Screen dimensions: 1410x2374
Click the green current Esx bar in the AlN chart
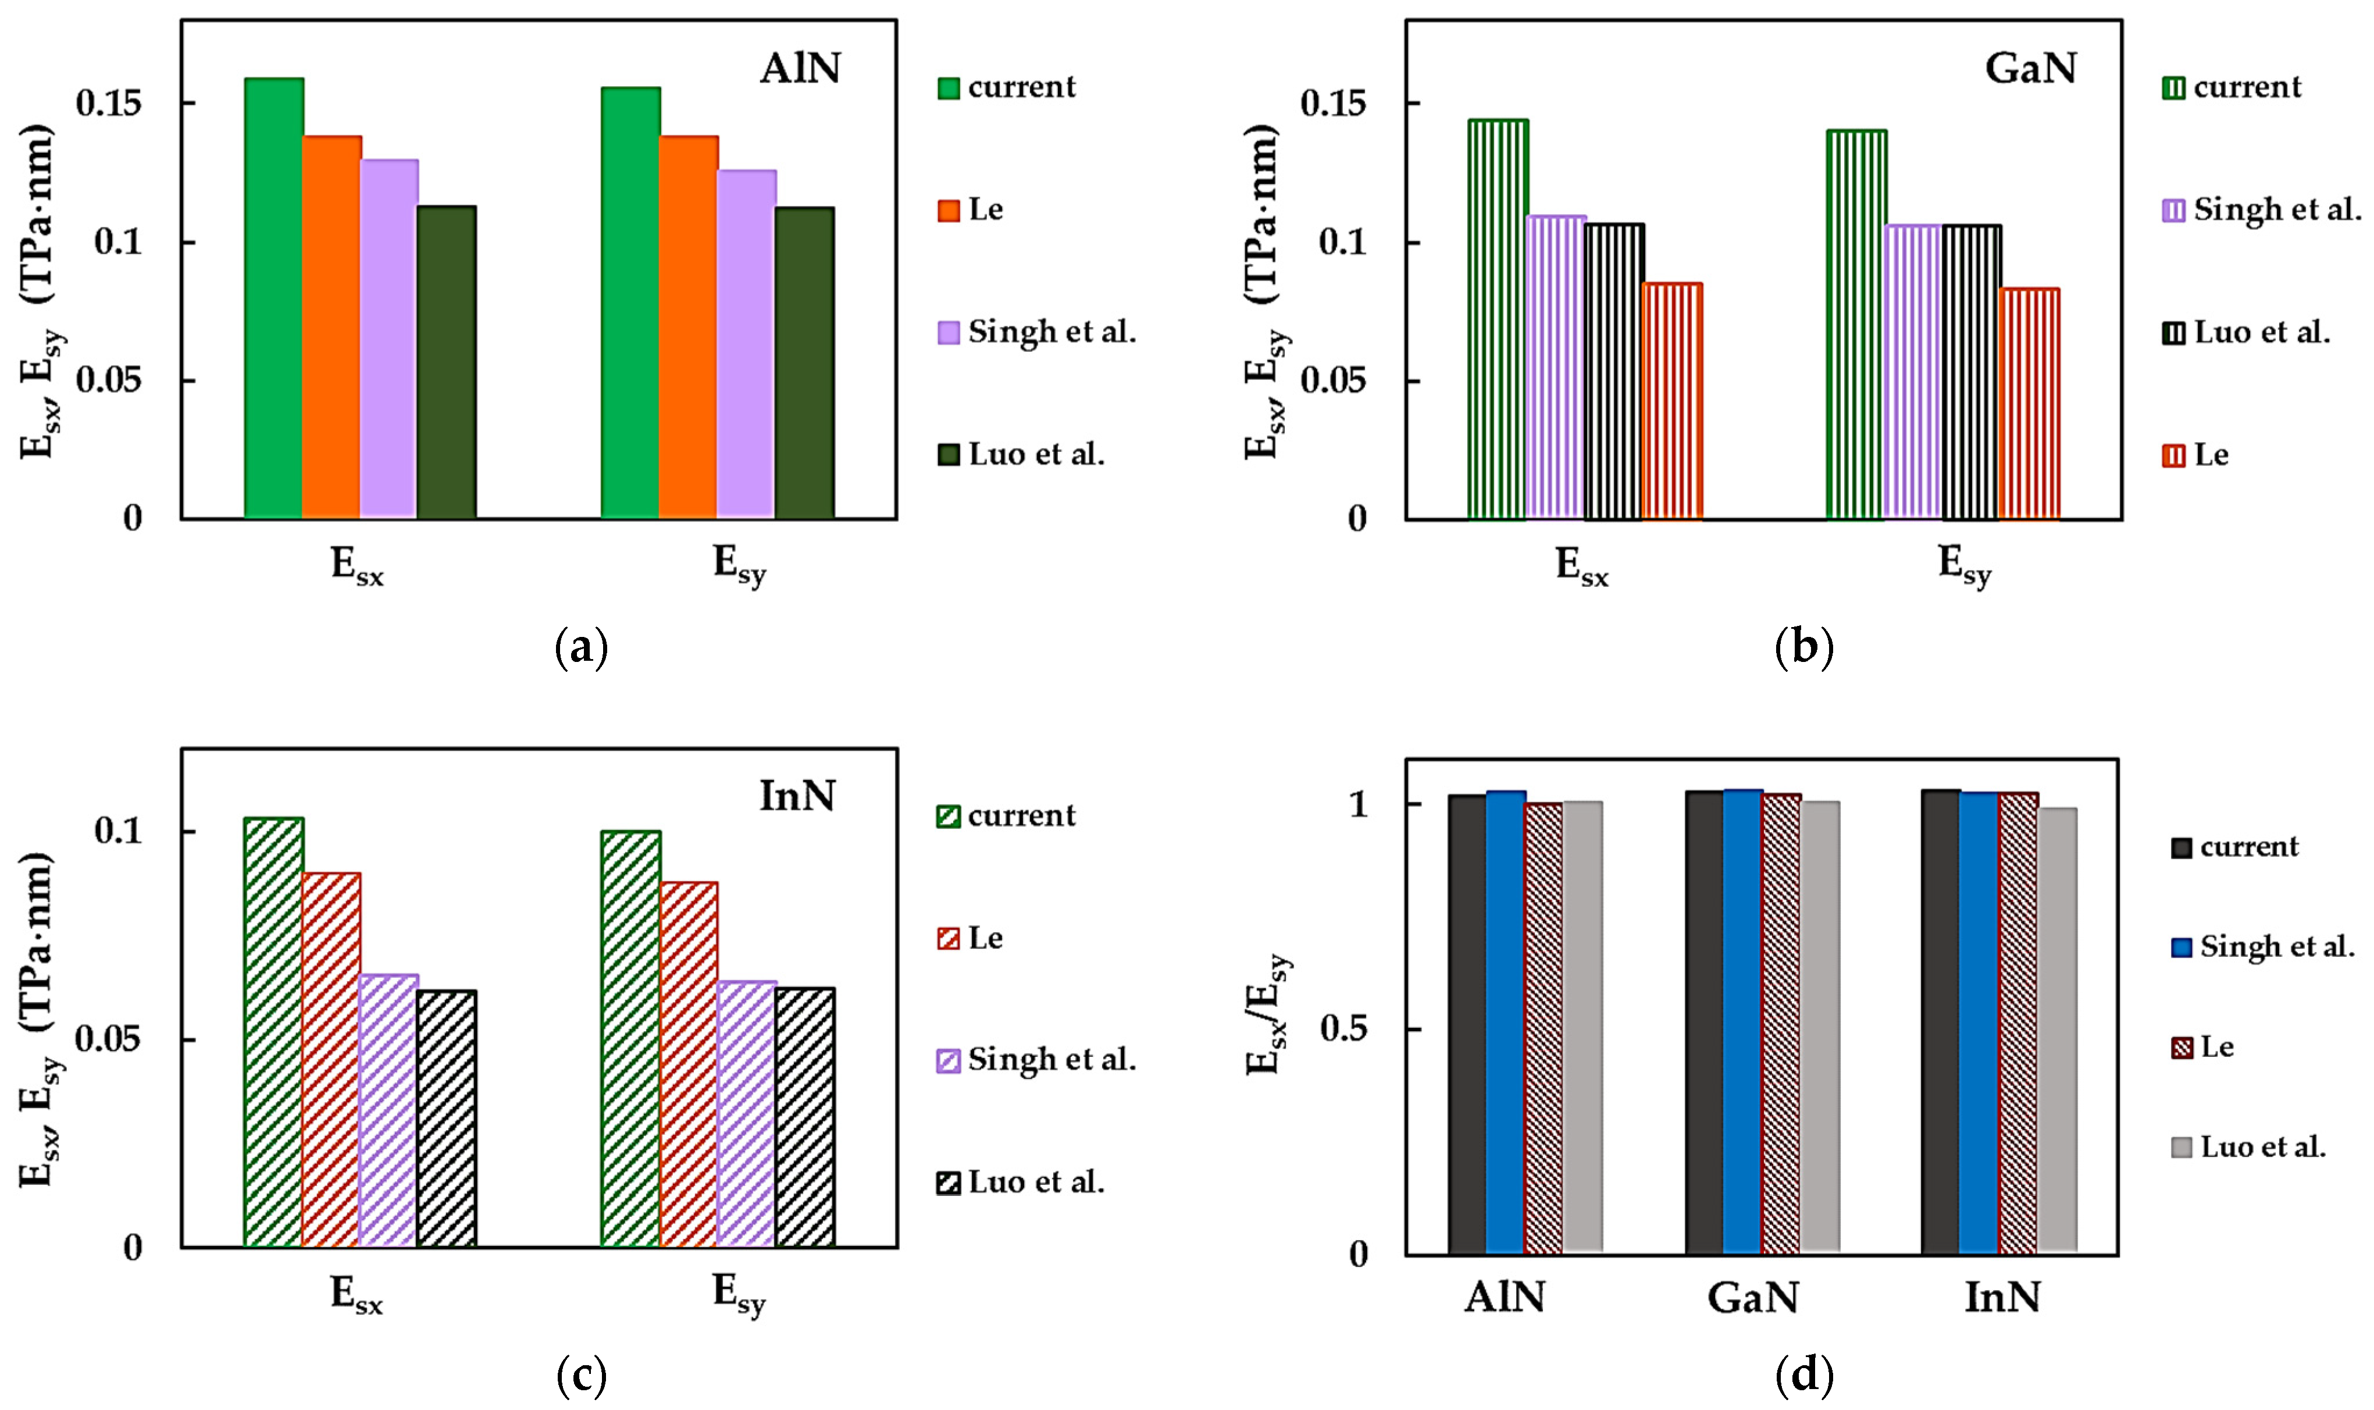(x=273, y=300)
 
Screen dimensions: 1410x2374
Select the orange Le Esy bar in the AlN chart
(x=688, y=328)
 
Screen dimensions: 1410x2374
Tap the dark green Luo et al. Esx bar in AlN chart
(x=447, y=362)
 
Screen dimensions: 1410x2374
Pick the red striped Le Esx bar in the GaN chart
(x=1672, y=401)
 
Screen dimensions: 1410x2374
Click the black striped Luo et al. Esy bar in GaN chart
(x=1971, y=372)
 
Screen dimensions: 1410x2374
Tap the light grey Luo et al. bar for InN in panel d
(x=2056, y=1030)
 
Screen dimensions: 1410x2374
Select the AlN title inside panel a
(x=800, y=69)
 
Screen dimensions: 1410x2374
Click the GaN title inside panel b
(x=2030, y=69)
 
